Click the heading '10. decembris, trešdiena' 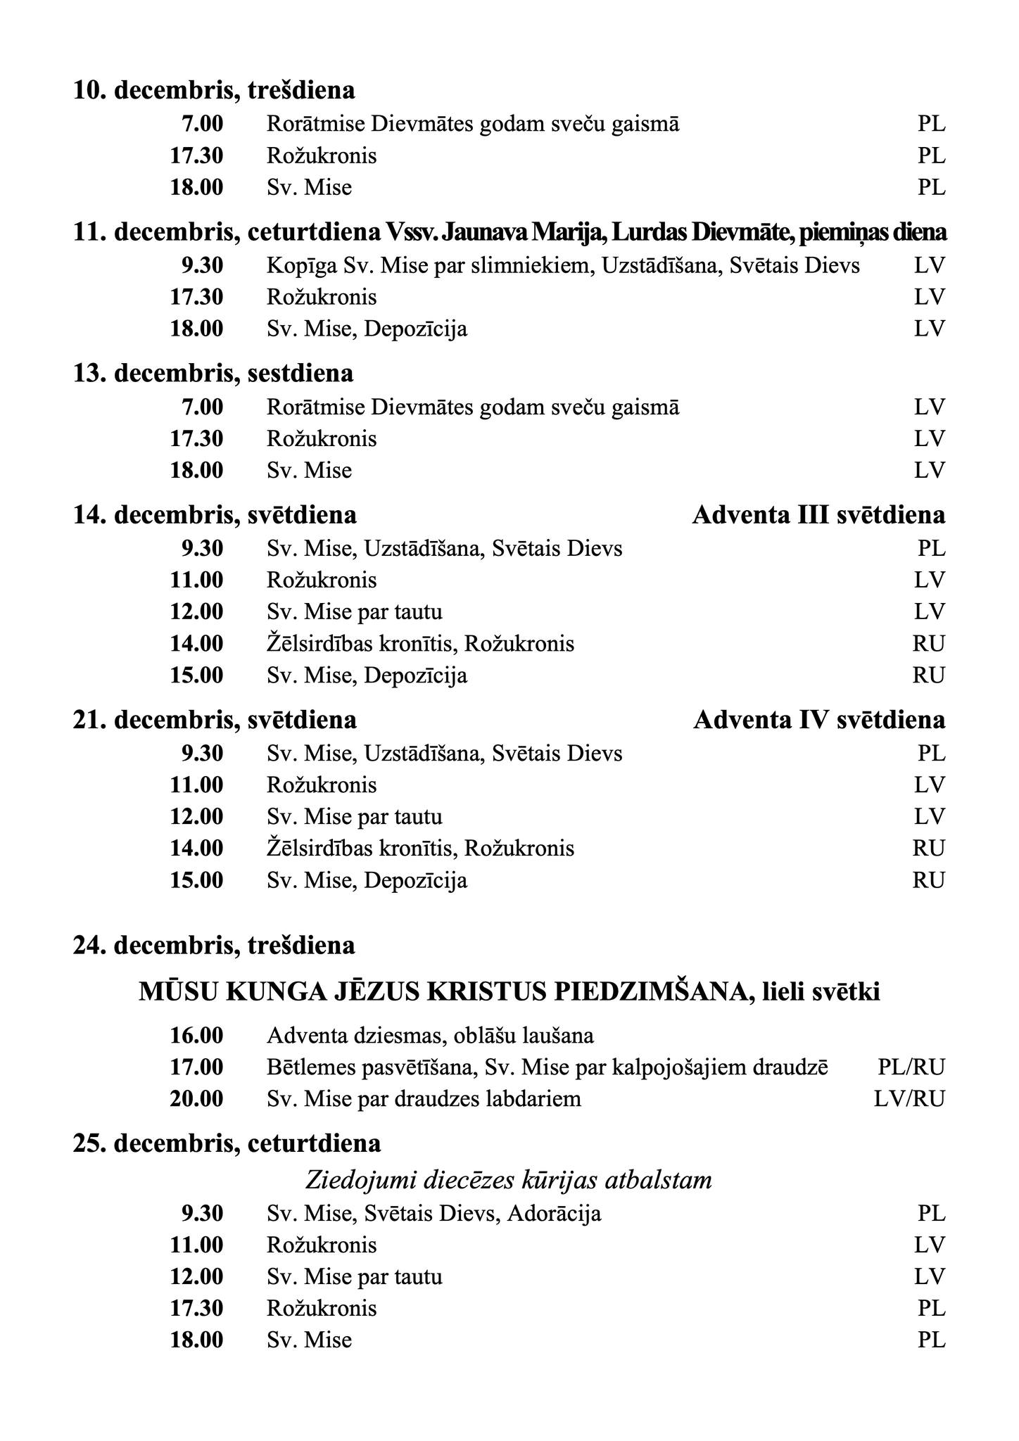coord(214,90)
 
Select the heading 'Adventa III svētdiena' coord(818,515)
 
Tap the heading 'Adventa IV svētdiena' coord(819,720)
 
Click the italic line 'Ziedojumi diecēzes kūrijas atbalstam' coord(509,1180)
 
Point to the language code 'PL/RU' coord(911,1067)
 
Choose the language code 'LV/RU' coord(909,1099)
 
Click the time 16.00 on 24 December coord(196,1036)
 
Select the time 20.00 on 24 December coord(196,1099)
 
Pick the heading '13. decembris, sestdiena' coord(213,373)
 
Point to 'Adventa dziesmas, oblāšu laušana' coord(430,1036)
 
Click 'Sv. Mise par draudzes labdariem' coord(424,1099)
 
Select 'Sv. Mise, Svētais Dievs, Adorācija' coord(433,1214)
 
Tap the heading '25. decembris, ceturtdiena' coord(227,1143)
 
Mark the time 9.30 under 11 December coord(202,265)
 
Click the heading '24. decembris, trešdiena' coord(214,946)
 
